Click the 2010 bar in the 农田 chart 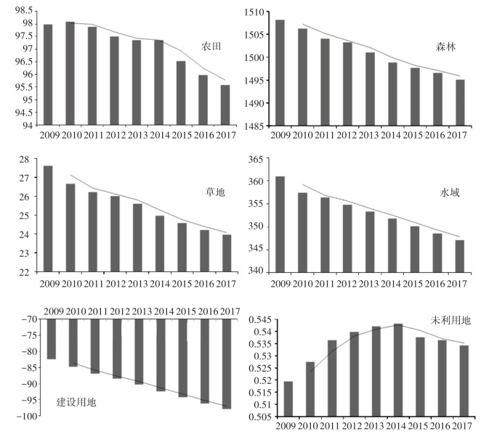click(x=70, y=73)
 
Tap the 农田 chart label click(x=211, y=46)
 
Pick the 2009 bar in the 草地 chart click(x=48, y=218)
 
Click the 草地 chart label click(x=215, y=194)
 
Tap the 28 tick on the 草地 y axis click(x=28, y=160)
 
